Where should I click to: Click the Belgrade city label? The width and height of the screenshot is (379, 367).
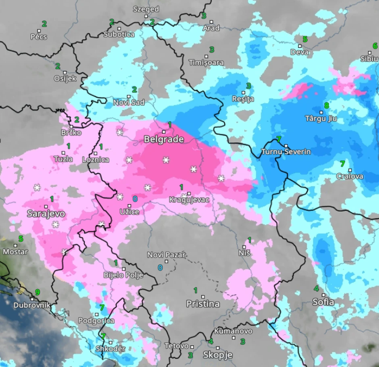pyautogui.click(x=164, y=140)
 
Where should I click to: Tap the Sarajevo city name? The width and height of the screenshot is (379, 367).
pyautogui.click(x=46, y=214)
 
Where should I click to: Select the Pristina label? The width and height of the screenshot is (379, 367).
pyautogui.click(x=203, y=304)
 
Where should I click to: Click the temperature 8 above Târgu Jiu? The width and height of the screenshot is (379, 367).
pyautogui.click(x=327, y=105)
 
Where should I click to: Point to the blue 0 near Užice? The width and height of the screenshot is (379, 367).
pyautogui.click(x=135, y=199)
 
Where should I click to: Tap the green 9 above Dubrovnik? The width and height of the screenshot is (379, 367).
pyautogui.click(x=37, y=292)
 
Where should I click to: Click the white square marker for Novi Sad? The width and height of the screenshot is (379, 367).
pyautogui.click(x=129, y=96)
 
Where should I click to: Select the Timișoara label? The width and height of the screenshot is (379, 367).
pyautogui.click(x=206, y=63)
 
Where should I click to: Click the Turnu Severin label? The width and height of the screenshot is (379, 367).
pyautogui.click(x=286, y=152)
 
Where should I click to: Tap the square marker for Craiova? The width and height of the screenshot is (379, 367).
pyautogui.click(x=350, y=170)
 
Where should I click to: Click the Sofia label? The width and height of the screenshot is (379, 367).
pyautogui.click(x=323, y=302)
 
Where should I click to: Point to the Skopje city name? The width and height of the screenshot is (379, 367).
pyautogui.click(x=218, y=355)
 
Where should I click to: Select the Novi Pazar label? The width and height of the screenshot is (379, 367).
pyautogui.click(x=166, y=255)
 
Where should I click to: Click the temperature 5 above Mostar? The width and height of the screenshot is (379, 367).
pyautogui.click(x=21, y=239)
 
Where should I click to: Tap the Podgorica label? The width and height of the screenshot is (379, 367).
pyautogui.click(x=96, y=321)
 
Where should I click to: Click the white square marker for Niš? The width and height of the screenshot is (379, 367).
pyautogui.click(x=244, y=246)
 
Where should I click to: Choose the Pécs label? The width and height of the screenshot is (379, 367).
pyautogui.click(x=39, y=37)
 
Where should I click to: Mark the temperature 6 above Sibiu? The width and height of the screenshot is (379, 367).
pyautogui.click(x=375, y=46)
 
